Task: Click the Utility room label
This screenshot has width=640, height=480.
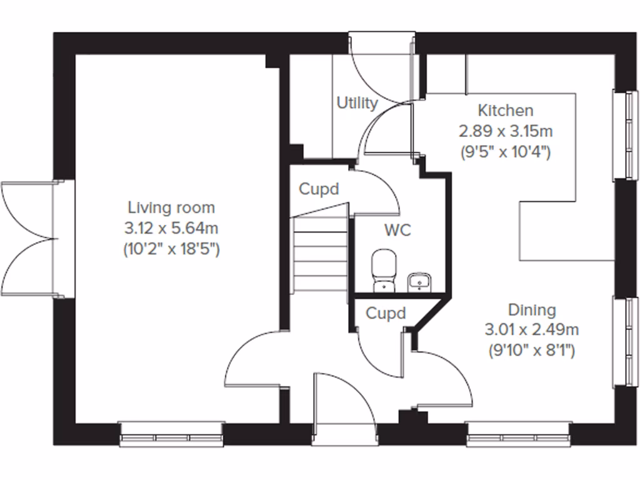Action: [357, 103]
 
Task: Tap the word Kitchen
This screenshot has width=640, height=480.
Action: [505, 111]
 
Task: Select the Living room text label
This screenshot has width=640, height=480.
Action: [171, 207]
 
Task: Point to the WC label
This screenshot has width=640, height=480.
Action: [397, 230]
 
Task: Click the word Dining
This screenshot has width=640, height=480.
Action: [531, 310]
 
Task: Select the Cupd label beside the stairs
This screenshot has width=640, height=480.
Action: [319, 189]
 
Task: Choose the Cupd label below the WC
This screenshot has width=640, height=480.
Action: [385, 313]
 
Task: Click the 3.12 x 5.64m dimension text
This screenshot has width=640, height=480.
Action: [171, 228]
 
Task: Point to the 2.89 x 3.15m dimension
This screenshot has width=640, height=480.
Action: [505, 131]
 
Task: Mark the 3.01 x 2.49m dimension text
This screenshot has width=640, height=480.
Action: [531, 330]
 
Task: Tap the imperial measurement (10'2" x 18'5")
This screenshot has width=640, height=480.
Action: [171, 249]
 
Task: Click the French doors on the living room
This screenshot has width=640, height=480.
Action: [31, 239]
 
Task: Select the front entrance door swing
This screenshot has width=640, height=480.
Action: [344, 400]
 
